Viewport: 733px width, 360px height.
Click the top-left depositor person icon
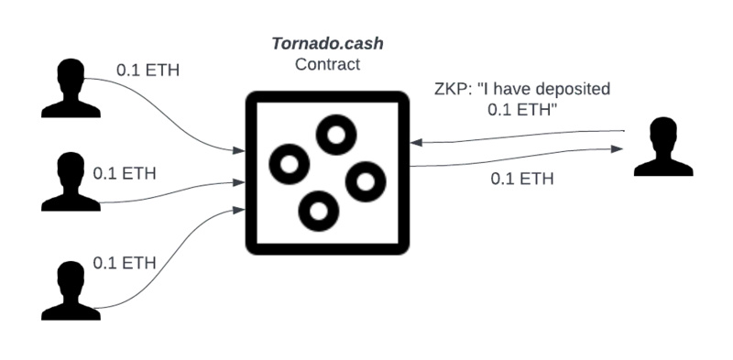pos(67,88)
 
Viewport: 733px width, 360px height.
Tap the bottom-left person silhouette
pos(67,289)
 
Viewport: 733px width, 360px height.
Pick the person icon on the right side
pos(662,147)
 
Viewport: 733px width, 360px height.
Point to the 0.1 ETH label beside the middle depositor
pos(126,172)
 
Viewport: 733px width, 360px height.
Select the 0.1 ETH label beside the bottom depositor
pos(126,263)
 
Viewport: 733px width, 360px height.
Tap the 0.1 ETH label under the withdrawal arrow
pos(522,179)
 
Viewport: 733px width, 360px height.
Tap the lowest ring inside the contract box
pos(318,211)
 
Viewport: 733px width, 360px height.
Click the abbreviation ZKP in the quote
pos(452,90)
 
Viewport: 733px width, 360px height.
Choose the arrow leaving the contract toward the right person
pos(513,162)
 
